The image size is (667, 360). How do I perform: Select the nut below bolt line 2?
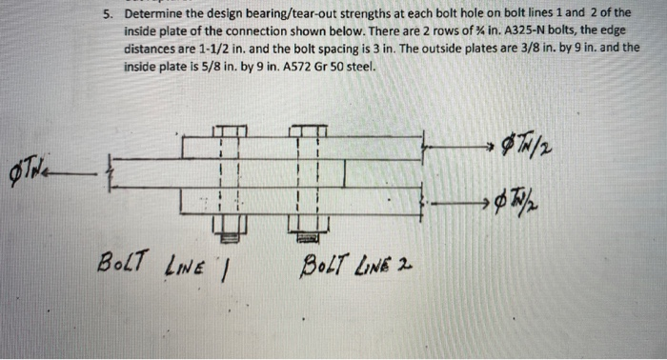coord(307,226)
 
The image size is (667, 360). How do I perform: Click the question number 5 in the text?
coord(109,14)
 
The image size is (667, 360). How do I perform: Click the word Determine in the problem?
coord(154,14)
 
